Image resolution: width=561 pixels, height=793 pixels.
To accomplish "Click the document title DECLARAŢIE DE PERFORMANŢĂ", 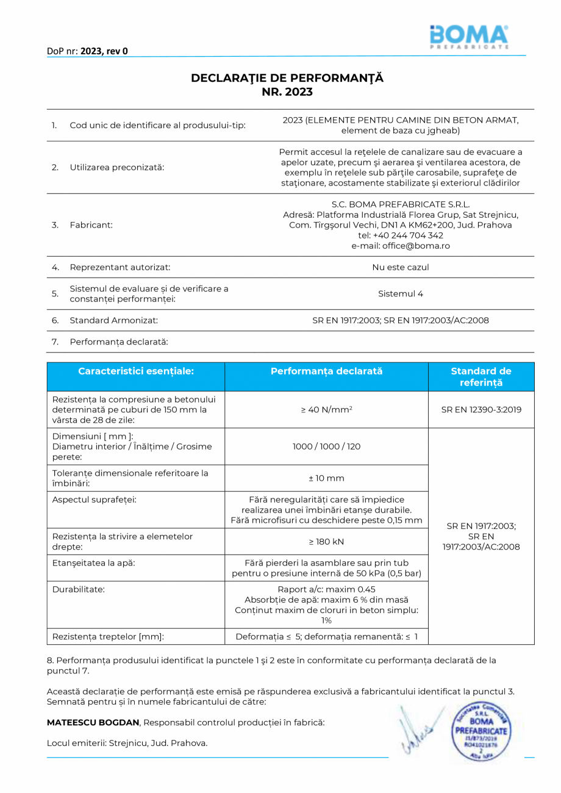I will pyautogui.click(x=287, y=78).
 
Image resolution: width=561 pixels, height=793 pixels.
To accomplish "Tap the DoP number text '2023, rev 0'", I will pyautogui.click(x=104, y=51).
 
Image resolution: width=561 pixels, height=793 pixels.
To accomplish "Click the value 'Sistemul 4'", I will pyautogui.click(x=400, y=293).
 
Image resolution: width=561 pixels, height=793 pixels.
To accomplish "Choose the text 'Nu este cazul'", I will pyautogui.click(x=400, y=267).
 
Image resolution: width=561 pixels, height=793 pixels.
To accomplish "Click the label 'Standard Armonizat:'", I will pyautogui.click(x=114, y=320).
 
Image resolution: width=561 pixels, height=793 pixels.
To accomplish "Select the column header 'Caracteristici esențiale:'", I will pyautogui.click(x=136, y=371).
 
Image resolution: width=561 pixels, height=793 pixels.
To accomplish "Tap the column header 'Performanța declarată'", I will pyautogui.click(x=326, y=371).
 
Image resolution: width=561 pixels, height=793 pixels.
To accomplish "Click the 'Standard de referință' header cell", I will pyautogui.click(x=481, y=376).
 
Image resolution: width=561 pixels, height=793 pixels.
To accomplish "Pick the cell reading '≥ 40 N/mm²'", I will pyautogui.click(x=326, y=410).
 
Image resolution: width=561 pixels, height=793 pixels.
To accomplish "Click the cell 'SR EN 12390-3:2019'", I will pyautogui.click(x=481, y=410).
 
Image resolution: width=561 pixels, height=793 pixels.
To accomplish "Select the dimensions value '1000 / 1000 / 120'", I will pyautogui.click(x=326, y=447).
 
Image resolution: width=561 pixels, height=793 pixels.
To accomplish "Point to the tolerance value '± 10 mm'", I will pyautogui.click(x=326, y=478).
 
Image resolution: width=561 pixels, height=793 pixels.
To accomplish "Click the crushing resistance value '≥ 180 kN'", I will pyautogui.click(x=326, y=542).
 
